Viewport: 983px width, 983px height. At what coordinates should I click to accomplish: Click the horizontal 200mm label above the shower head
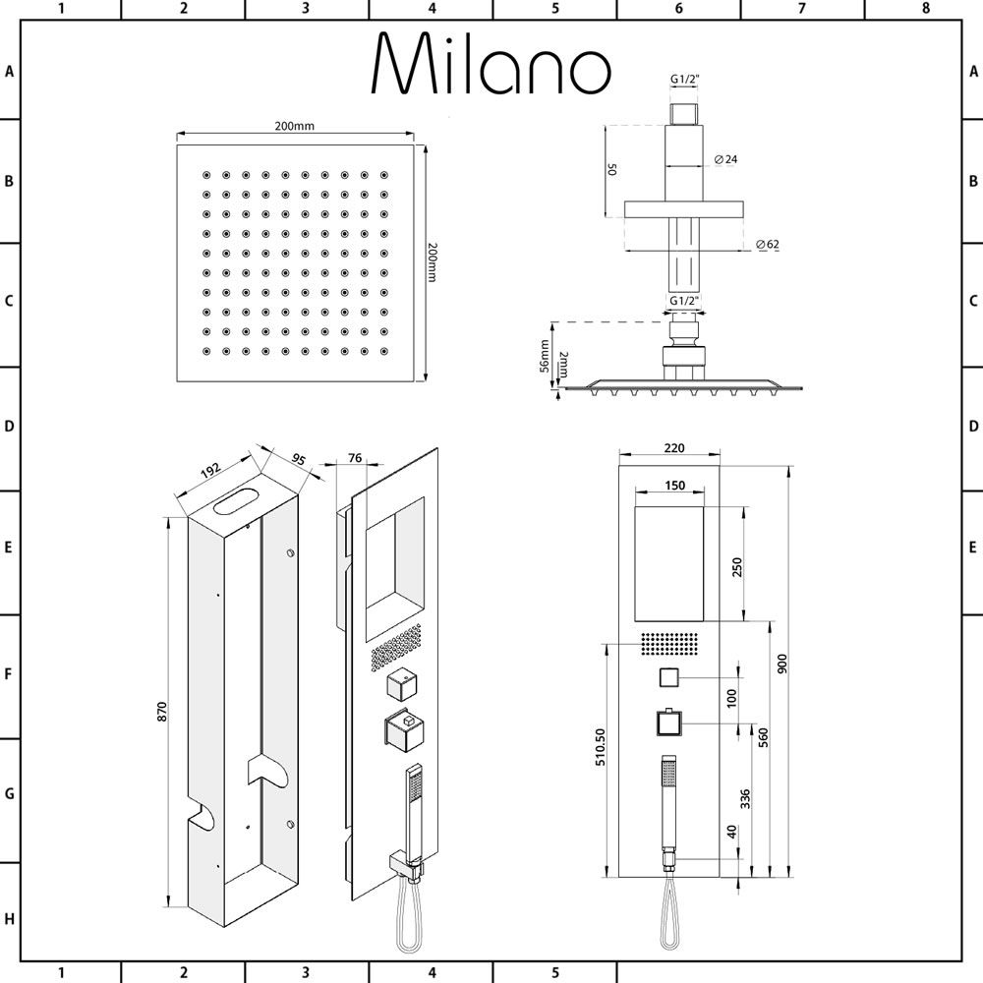tap(294, 126)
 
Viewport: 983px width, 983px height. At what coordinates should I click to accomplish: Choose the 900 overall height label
tap(781, 665)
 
